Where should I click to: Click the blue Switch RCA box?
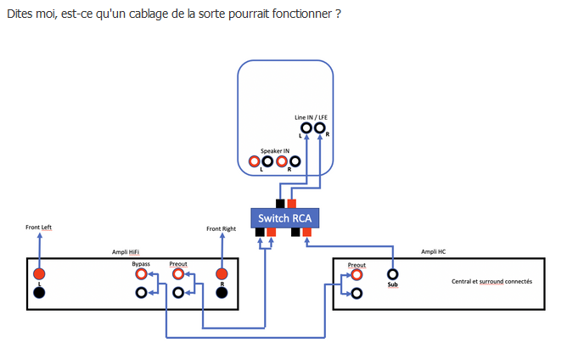coord(285,218)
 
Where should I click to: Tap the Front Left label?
coord(39,228)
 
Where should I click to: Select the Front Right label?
coord(221,228)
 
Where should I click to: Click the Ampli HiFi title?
coord(126,252)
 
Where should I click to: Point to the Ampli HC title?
coord(433,251)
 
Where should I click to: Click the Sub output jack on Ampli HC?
coord(393,274)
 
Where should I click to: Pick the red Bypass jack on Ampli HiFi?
coord(142,274)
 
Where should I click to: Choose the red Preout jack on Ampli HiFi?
coord(178,274)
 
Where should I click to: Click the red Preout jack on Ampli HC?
coord(356,275)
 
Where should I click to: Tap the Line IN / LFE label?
coord(311,117)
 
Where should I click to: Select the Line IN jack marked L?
coord(306,127)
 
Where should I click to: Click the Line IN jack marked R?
coord(320,127)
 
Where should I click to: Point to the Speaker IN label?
coord(275,151)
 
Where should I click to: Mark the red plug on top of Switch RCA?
coord(292,204)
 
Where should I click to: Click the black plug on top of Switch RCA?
coord(280,204)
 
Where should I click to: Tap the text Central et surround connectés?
coord(491,281)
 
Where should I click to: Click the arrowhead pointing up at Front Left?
coord(40,235)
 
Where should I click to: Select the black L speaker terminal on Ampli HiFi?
coord(39,292)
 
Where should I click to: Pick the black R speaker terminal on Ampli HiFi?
coord(222,292)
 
